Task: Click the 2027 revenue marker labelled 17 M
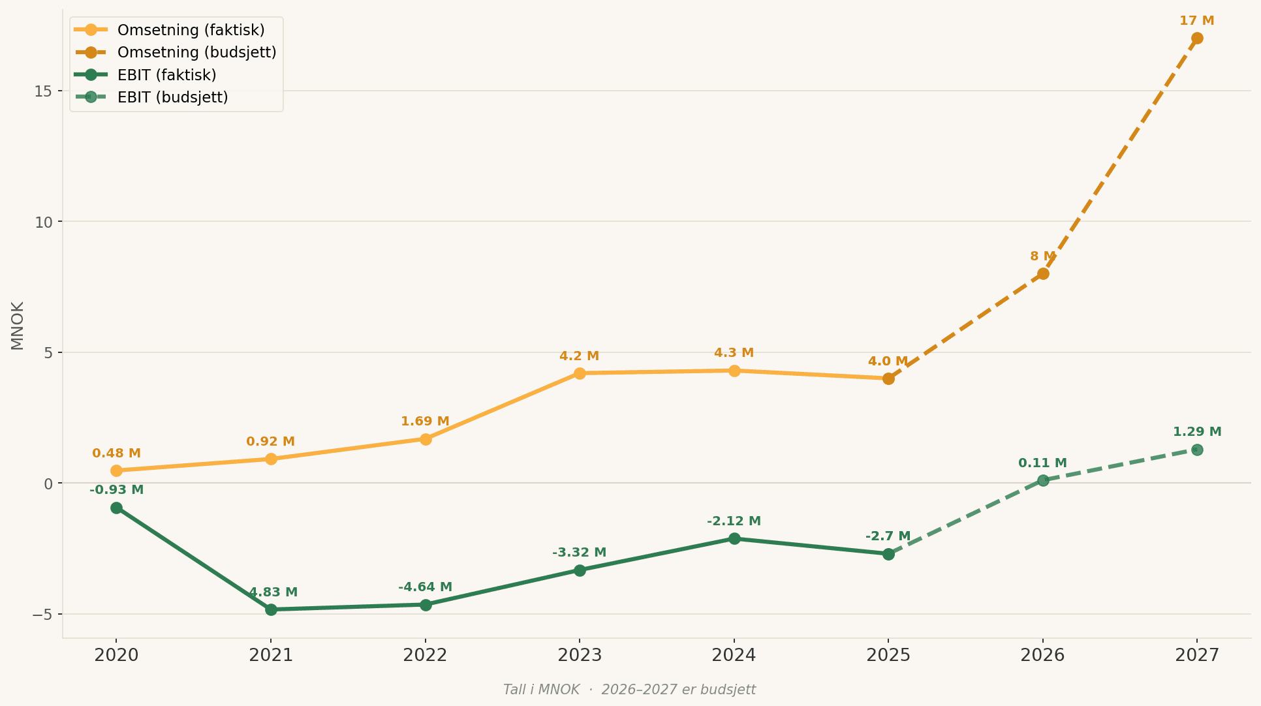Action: pyautogui.click(x=1197, y=38)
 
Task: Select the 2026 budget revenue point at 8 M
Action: pyautogui.click(x=1043, y=274)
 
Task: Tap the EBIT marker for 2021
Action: pyautogui.click(x=271, y=609)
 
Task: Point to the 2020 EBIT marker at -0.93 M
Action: pyautogui.click(x=116, y=508)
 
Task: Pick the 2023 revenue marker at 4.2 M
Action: pyautogui.click(x=580, y=373)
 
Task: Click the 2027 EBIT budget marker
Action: pyautogui.click(x=1197, y=450)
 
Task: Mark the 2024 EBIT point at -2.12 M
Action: pyautogui.click(x=734, y=538)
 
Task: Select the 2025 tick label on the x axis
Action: pyautogui.click(x=888, y=655)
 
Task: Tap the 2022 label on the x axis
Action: pyautogui.click(x=426, y=655)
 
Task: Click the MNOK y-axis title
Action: pyautogui.click(x=18, y=326)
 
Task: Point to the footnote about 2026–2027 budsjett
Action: pyautogui.click(x=629, y=690)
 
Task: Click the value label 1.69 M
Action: pyautogui.click(x=425, y=422)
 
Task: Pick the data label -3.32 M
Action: pyautogui.click(x=580, y=553)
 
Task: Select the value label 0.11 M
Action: pyautogui.click(x=1043, y=463)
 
